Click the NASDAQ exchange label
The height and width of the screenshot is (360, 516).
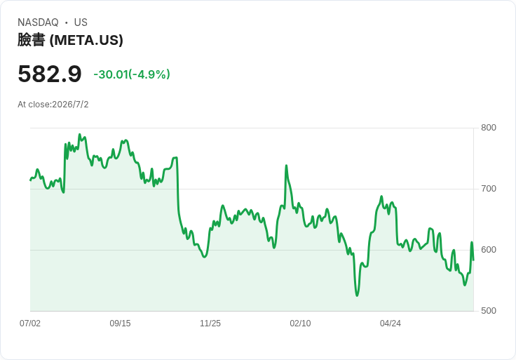coord(38,22)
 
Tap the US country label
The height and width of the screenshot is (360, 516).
coord(81,22)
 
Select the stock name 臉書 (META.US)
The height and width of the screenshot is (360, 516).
coord(70,40)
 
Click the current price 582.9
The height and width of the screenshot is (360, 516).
coord(49,74)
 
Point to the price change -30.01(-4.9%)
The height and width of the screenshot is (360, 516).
coord(132,74)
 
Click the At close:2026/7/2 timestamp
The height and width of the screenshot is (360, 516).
coord(53,105)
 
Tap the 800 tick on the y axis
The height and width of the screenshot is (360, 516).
coord(489,128)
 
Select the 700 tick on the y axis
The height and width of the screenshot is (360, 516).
coord(489,189)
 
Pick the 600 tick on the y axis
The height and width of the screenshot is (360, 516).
coord(489,250)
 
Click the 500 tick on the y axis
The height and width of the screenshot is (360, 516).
coord(489,311)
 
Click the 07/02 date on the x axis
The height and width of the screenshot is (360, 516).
coord(30,324)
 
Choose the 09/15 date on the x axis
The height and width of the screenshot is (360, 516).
coord(120,324)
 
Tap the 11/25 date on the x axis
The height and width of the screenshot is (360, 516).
coord(210,324)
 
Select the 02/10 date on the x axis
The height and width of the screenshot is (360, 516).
coord(300,324)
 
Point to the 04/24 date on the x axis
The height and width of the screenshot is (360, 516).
coord(391,324)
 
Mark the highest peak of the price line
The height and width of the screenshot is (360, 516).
coord(79,134)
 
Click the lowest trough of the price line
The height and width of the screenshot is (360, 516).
coord(357,295)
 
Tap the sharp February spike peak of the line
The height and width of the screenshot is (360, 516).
coord(286,166)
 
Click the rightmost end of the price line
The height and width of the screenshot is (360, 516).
coord(473,260)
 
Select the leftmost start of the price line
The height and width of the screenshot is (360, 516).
coord(30,180)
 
